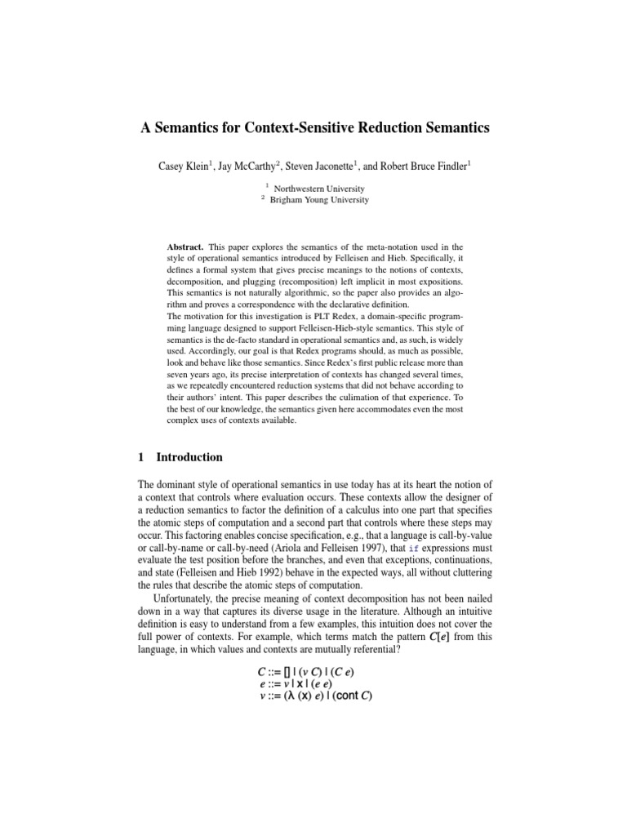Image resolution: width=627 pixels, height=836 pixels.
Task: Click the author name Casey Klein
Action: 184,166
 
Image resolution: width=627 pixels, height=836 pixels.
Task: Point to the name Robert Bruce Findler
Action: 426,166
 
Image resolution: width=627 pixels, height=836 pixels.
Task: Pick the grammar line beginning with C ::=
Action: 306,671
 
